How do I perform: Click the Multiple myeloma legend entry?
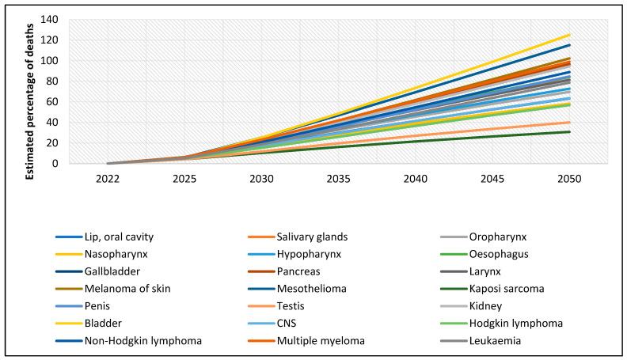click(x=324, y=341)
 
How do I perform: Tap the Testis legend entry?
click(x=290, y=306)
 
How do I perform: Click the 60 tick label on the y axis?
click(x=54, y=102)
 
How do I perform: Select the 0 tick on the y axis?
click(x=57, y=164)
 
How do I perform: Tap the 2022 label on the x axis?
click(x=108, y=180)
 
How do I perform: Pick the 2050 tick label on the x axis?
click(x=569, y=180)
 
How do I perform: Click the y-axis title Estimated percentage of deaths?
click(x=29, y=91)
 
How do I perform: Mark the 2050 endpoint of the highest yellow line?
click(x=570, y=35)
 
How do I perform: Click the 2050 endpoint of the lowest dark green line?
click(x=570, y=132)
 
